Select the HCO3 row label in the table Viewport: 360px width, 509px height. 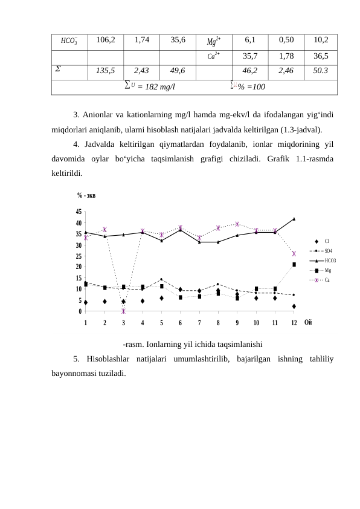[69, 41]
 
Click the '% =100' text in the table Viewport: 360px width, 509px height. [249, 86]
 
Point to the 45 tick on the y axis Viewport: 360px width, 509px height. [79, 212]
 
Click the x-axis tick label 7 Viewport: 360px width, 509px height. [199, 322]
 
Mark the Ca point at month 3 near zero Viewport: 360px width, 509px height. [123, 311]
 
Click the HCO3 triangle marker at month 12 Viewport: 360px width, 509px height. [294, 219]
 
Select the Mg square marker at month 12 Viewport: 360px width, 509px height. [294, 264]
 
